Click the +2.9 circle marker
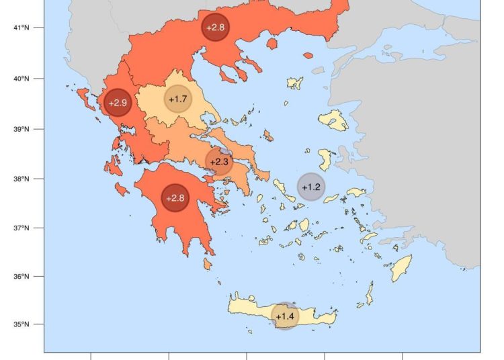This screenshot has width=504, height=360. [117, 103]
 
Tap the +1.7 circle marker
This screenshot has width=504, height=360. [178, 99]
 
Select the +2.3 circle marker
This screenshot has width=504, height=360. [218, 162]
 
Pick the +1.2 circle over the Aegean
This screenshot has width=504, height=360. [311, 187]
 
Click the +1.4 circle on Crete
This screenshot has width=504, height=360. [285, 316]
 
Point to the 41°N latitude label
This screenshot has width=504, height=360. [22, 28]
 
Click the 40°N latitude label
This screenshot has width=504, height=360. [22, 79]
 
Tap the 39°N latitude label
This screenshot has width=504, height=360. [22, 129]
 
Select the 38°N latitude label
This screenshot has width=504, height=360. [22, 179]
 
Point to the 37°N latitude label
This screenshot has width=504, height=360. [22, 228]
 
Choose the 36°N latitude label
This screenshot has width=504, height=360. [22, 277]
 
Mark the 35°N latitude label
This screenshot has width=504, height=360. [22, 325]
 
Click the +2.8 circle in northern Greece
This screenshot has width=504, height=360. [216, 28]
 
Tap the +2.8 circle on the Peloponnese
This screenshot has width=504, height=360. [175, 198]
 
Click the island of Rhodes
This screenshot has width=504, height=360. [401, 268]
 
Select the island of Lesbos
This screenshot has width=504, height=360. [333, 121]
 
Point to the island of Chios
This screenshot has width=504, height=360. [327, 160]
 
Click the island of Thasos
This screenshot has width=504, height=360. [272, 44]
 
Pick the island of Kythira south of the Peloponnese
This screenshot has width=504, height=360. [208, 264]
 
